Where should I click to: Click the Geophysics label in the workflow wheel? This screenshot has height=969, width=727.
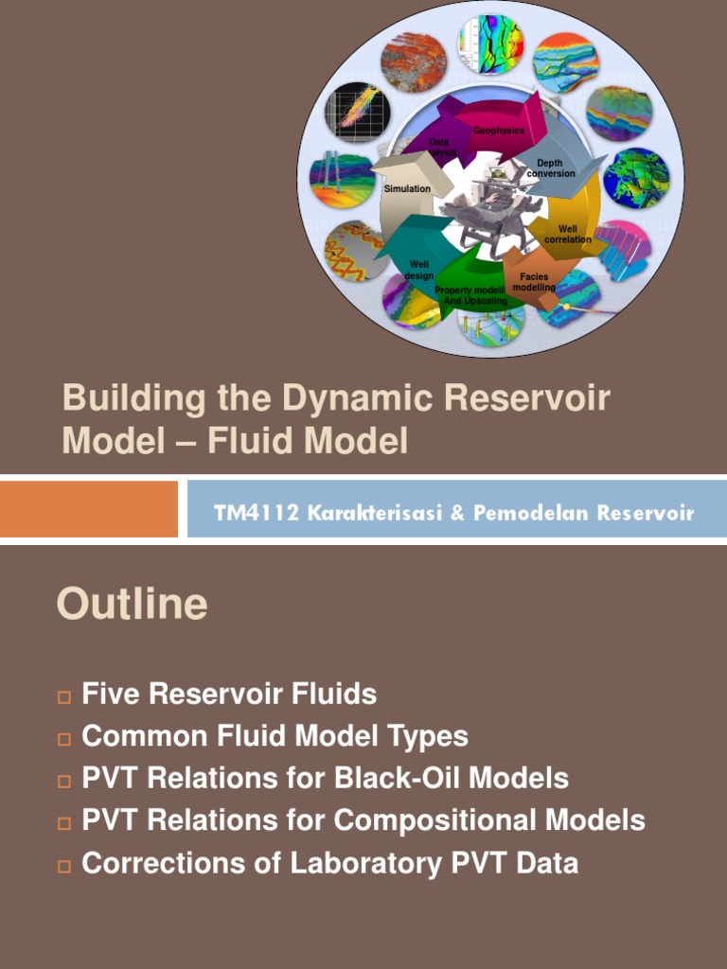pos(499,131)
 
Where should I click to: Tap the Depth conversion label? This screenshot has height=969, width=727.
pos(550,168)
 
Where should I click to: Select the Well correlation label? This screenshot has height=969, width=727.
pos(567,234)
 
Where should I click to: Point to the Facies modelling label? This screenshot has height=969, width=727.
pos(534,282)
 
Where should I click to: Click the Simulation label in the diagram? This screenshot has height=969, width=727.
pos(407,189)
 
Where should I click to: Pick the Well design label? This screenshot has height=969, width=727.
pos(419,270)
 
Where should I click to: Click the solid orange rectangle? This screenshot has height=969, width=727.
pos(89,509)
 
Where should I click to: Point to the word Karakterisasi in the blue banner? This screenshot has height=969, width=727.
pos(363,513)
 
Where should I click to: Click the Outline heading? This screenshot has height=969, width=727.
pos(132,604)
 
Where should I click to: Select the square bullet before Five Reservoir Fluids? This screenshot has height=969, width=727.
pos(64,696)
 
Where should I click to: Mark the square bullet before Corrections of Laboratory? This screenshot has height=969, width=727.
pos(64,865)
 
